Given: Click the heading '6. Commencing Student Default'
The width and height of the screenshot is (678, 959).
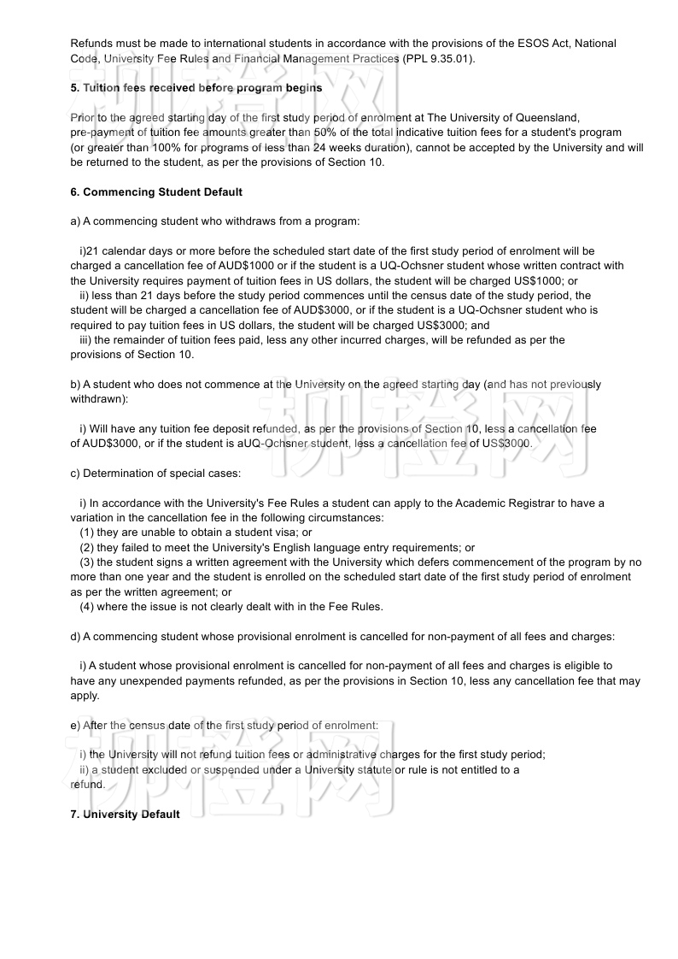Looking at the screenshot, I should point(156,192).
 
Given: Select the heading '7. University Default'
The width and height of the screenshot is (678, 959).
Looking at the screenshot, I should point(125,815).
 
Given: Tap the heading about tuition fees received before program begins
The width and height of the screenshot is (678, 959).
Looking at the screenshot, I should point(196,88).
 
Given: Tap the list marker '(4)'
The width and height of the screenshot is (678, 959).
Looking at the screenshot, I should point(87,607).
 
